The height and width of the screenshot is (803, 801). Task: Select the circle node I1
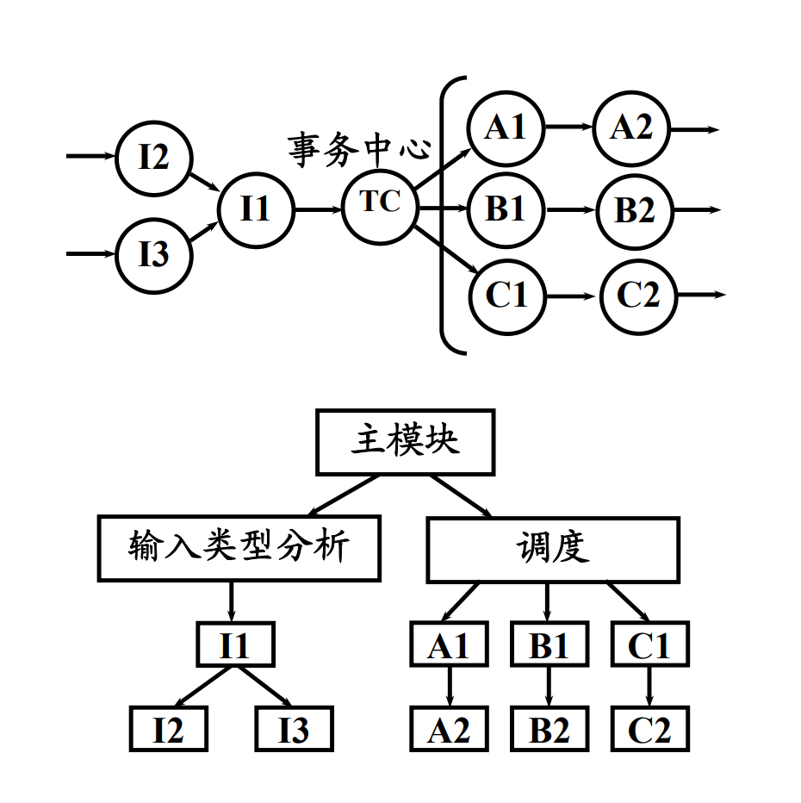[255, 209]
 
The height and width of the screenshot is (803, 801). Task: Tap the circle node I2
[154, 159]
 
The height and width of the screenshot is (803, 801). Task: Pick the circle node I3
[154, 255]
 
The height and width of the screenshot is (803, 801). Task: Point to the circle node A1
[506, 128]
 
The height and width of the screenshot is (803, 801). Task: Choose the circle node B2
[635, 210]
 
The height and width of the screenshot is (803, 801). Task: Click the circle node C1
[506, 296]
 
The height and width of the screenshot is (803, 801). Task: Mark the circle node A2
[631, 128]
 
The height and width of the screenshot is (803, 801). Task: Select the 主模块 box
[405, 442]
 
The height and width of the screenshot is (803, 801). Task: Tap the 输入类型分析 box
[239, 548]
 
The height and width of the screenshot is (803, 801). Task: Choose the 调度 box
[553, 549]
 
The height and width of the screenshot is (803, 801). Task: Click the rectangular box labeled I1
[234, 645]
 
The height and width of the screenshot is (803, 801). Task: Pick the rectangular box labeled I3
[294, 730]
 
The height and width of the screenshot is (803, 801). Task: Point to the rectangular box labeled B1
[550, 645]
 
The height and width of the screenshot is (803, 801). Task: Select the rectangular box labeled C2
[650, 730]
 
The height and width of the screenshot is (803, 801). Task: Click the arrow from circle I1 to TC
[318, 209]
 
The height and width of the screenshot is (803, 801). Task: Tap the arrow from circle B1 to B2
[570, 210]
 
